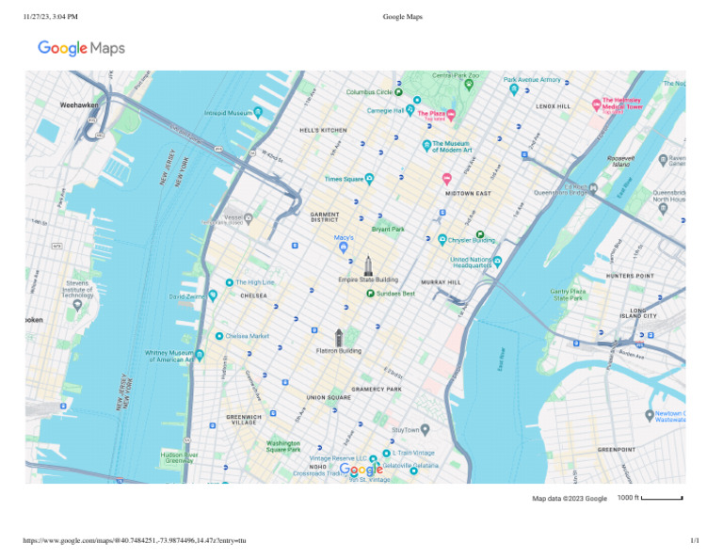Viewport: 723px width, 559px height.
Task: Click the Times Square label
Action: coord(344,178)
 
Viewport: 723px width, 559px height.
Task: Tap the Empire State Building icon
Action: coord(368,264)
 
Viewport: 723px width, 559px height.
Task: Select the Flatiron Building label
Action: coord(338,351)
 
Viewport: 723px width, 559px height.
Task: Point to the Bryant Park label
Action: coord(388,229)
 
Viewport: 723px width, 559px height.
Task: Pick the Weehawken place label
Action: coord(78,105)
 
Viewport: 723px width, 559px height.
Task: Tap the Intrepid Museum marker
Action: coord(257,113)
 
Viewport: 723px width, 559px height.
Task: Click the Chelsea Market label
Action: coord(248,336)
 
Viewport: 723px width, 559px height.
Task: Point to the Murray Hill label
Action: coord(440,282)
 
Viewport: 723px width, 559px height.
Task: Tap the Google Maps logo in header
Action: coord(81,48)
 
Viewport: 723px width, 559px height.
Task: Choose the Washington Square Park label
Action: coord(282,446)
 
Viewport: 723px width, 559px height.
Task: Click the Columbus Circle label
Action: coord(369,92)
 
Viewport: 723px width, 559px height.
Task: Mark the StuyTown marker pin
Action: coord(425,430)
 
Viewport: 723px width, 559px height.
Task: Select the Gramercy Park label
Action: coord(377,389)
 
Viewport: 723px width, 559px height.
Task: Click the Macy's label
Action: coord(344,237)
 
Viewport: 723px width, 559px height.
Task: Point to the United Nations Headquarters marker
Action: coord(498,261)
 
